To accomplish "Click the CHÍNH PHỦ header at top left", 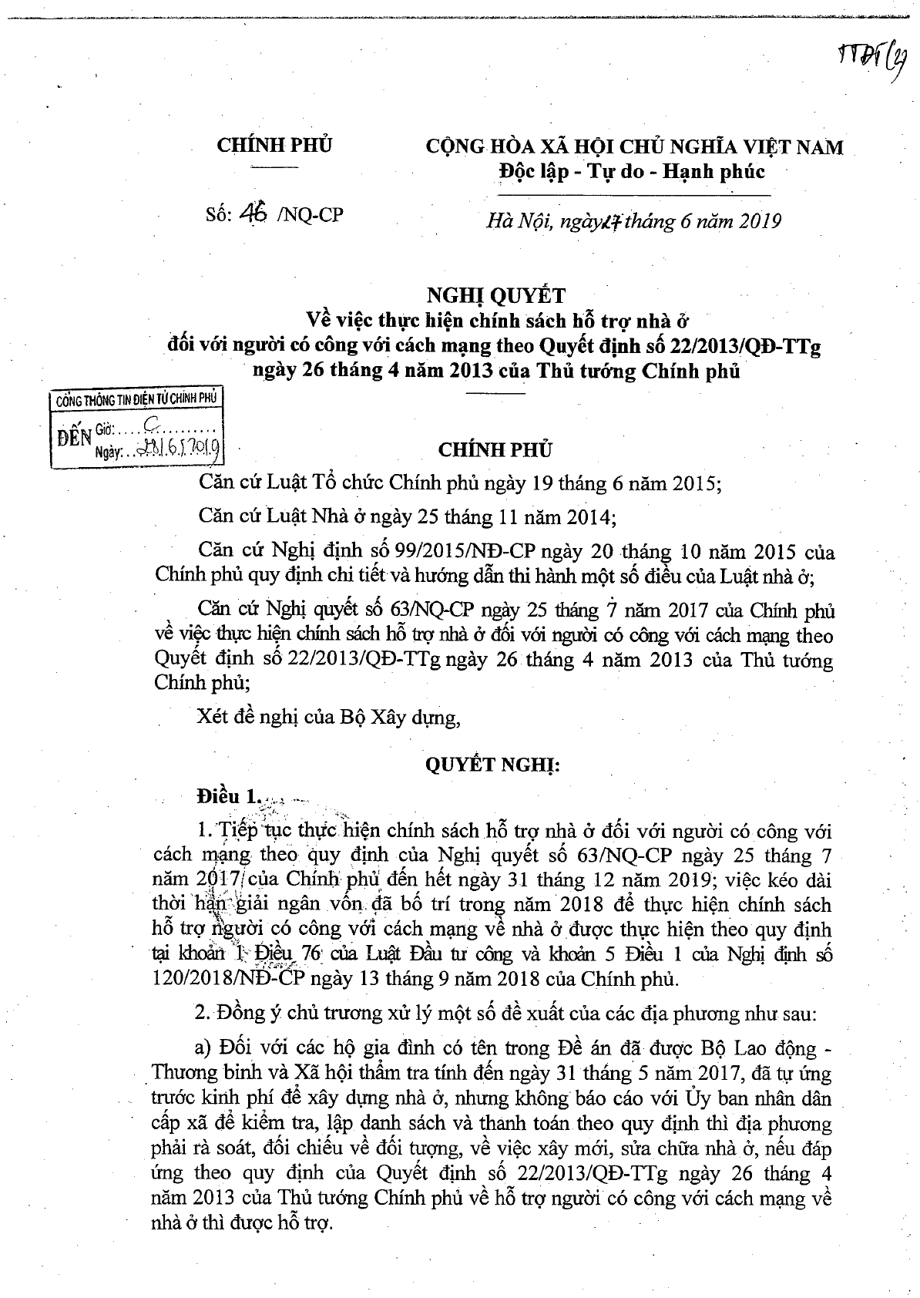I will (274, 144).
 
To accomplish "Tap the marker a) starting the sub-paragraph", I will (205, 1049).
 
